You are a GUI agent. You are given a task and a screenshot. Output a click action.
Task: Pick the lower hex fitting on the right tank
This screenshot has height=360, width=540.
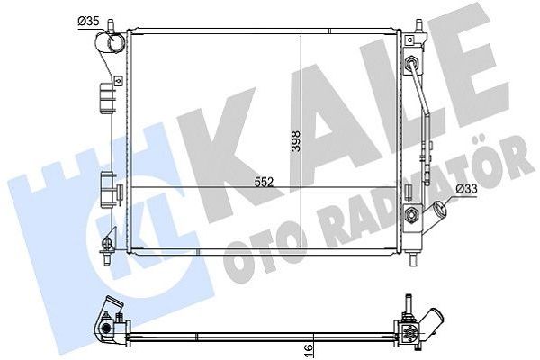pyautogui.click(x=413, y=215)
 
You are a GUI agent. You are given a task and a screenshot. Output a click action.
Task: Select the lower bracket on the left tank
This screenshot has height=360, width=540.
pyautogui.click(x=109, y=193)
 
